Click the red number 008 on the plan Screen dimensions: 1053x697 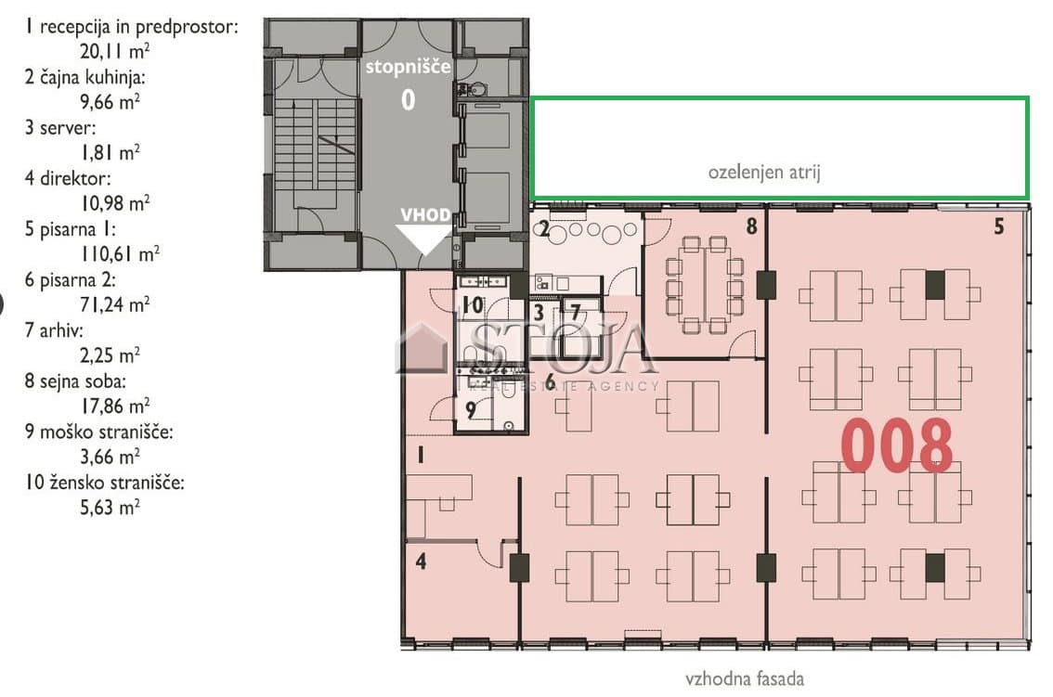tap(896, 445)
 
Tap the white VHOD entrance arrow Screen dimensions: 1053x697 tap(423, 239)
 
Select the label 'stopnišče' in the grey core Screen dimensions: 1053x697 tap(409, 67)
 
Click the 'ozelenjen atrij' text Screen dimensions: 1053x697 tap(764, 172)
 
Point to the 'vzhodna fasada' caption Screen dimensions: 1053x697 tap(744, 678)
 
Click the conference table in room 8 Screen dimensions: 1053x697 tap(705, 285)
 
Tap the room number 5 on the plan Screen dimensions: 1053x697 tap(998, 227)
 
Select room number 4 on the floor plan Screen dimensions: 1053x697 tap(421, 561)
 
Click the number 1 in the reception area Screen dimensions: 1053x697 tap(421, 456)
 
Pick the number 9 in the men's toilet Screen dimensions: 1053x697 tap(470, 409)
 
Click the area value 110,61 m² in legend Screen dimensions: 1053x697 tap(120, 253)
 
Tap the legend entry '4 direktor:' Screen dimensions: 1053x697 tap(68, 178)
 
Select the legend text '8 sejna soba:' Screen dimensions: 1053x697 tap(75, 381)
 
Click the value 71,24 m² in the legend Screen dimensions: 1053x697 tap(115, 304)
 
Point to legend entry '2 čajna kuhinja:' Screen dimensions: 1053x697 tap(84, 77)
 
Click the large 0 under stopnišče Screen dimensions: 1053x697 tap(409, 100)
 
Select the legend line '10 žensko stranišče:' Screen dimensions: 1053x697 tap(104, 483)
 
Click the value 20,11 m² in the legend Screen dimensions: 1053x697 tap(115, 51)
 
